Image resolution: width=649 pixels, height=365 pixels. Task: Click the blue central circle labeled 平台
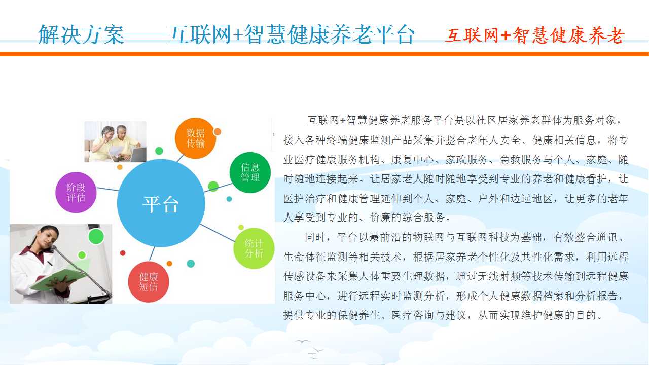[x=161, y=203]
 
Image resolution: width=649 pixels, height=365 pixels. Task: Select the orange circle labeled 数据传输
[x=195, y=138]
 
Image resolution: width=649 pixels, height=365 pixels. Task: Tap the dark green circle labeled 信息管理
[x=250, y=172]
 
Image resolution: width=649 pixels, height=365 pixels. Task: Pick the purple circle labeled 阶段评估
[x=76, y=192]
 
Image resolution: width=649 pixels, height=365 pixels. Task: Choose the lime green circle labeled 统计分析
[x=254, y=248]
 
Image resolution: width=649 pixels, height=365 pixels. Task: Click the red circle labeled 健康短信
[x=149, y=282]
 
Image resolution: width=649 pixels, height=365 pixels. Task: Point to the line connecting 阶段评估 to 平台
[x=107, y=190]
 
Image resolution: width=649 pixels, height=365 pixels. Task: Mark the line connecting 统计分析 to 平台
[x=218, y=233]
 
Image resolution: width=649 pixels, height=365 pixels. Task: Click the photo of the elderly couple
[x=115, y=141]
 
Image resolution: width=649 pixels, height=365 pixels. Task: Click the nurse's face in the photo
[x=47, y=238]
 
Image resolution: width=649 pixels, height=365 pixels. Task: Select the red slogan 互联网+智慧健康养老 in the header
[x=534, y=35]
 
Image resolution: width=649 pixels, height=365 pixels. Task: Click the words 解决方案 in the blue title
[x=81, y=34]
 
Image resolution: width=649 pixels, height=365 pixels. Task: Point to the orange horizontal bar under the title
[x=324, y=54]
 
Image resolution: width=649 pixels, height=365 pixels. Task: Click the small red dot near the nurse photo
[x=123, y=253]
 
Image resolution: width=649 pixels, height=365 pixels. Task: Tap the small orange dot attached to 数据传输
[x=218, y=132]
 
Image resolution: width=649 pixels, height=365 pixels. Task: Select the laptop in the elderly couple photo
[x=137, y=155]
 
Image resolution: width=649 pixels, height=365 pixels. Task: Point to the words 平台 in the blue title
[x=394, y=34]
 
